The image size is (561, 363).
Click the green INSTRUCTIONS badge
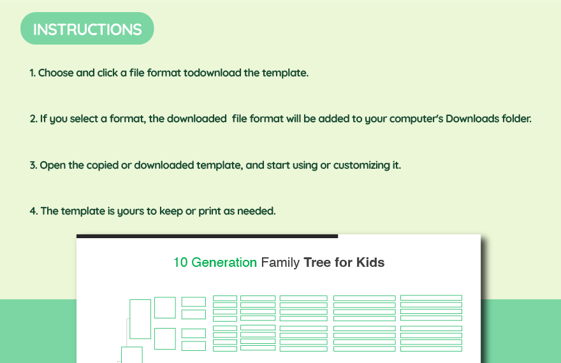pos(87,29)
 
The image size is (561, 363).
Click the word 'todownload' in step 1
pos(212,73)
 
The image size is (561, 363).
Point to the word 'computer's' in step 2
pos(416,118)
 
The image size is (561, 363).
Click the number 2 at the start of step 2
pos(33,118)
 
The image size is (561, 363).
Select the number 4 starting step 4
pos(33,211)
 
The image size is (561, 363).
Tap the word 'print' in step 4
pos(209,211)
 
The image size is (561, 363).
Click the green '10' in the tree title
pos(180,262)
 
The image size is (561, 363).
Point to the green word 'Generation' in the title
pos(224,262)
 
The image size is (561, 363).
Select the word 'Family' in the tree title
pos(280,262)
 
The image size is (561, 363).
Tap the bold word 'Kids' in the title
pos(370,262)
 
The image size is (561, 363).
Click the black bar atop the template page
pos(207,236)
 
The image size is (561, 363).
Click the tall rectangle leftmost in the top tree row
pos(140,318)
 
